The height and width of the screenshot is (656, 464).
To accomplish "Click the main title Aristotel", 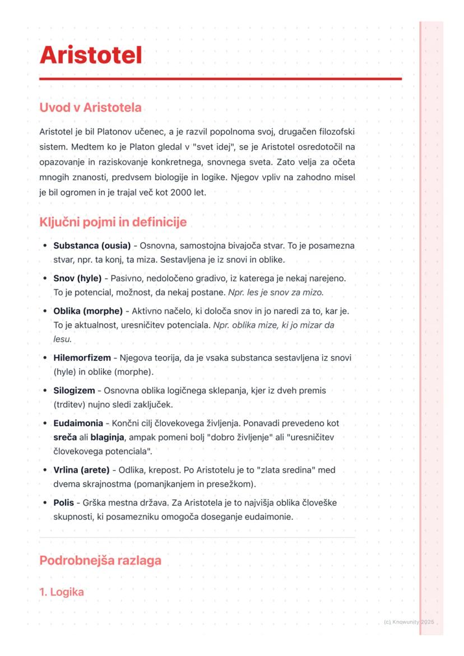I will (x=90, y=55).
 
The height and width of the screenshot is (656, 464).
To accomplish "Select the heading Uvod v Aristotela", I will (x=90, y=108).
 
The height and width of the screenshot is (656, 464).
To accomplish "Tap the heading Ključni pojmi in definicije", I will (x=112, y=222).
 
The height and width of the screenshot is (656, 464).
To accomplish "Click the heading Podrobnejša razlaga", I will (x=100, y=560).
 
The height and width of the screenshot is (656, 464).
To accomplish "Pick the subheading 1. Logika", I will (x=62, y=592).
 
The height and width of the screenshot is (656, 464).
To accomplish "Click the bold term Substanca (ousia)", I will (x=92, y=246).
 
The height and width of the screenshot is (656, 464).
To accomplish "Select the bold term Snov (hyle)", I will (x=77, y=278).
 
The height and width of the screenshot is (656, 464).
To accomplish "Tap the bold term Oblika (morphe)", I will (x=88, y=311).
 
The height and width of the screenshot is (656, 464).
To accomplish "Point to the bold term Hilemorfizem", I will (x=82, y=358).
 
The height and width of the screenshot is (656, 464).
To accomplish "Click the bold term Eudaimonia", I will (x=78, y=423).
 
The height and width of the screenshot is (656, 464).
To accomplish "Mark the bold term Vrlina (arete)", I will (x=81, y=470).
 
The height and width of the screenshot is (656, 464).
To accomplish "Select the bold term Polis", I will (x=63, y=503).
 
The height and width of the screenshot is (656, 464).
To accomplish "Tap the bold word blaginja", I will (x=108, y=437).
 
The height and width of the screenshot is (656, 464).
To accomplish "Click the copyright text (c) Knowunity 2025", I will (x=410, y=622).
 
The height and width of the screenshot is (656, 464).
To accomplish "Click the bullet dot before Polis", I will (x=45, y=503).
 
